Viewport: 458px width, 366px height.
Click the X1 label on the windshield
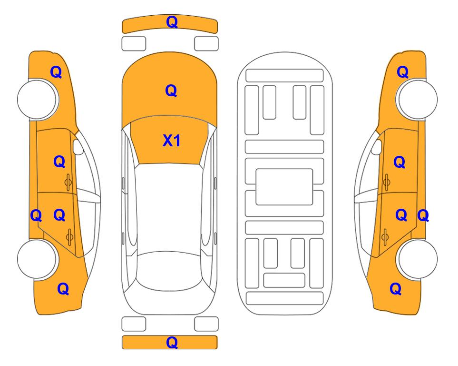click(x=172, y=141)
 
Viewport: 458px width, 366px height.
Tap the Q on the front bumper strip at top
click(x=172, y=22)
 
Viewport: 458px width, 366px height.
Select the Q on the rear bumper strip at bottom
click(x=172, y=342)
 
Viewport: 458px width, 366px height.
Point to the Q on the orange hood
click(x=171, y=91)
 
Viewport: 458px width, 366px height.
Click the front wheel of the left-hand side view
click(x=37, y=100)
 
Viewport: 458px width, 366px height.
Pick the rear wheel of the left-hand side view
click(x=37, y=259)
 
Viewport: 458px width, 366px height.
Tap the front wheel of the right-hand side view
click(x=417, y=100)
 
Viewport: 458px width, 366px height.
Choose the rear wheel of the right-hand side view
click(x=417, y=259)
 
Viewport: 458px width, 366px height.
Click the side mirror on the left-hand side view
click(x=78, y=147)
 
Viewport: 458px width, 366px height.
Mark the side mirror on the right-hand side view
click(x=376, y=147)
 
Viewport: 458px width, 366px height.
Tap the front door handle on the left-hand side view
click(x=68, y=183)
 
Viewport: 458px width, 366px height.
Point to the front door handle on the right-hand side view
click(x=386, y=183)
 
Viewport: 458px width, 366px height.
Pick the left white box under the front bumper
click(x=134, y=44)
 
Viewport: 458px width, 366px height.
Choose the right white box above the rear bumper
click(x=206, y=324)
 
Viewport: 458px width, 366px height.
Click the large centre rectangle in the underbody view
click(x=284, y=187)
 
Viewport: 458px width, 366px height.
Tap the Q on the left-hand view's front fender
click(x=56, y=72)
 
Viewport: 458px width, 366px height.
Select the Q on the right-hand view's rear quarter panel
click(x=396, y=289)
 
